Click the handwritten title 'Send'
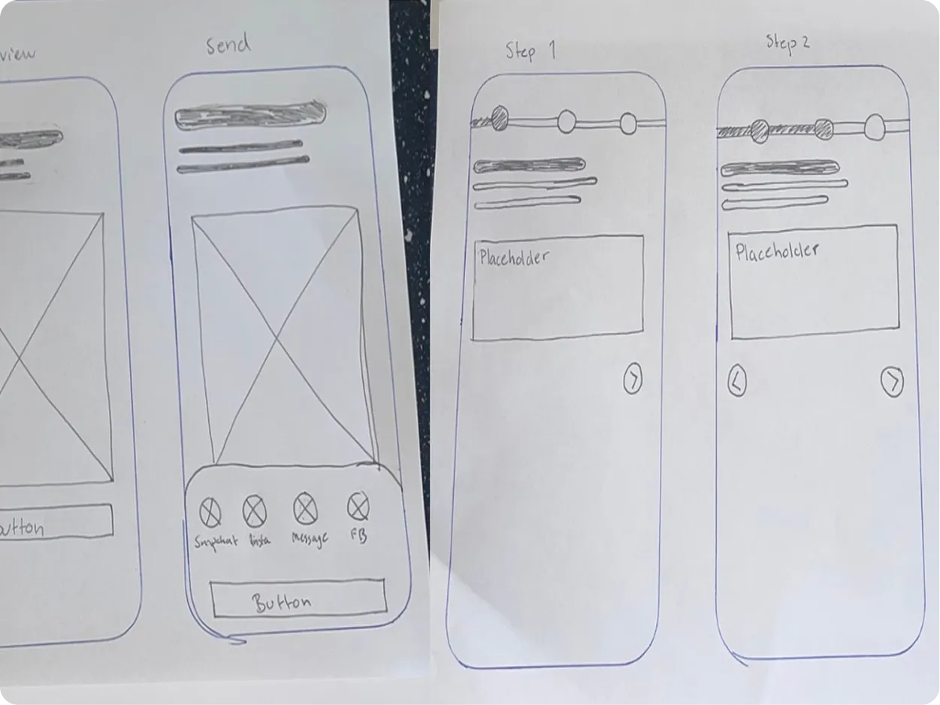pyautogui.click(x=228, y=45)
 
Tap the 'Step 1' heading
pyautogui.click(x=530, y=50)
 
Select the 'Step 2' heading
pyautogui.click(x=787, y=43)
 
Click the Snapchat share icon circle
pyautogui.click(x=210, y=513)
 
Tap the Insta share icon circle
pyautogui.click(x=255, y=512)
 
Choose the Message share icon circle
pyautogui.click(x=304, y=509)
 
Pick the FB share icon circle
pyautogui.click(x=358, y=507)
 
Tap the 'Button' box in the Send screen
pyautogui.click(x=298, y=599)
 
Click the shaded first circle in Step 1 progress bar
pyautogui.click(x=499, y=117)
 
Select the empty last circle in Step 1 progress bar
pyautogui.click(x=628, y=123)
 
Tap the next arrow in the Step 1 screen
pyautogui.click(x=633, y=380)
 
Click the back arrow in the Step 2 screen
pyautogui.click(x=737, y=383)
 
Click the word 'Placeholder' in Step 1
pyautogui.click(x=514, y=258)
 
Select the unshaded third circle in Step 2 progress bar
pyautogui.click(x=875, y=127)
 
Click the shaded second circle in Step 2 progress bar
pyautogui.click(x=824, y=129)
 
